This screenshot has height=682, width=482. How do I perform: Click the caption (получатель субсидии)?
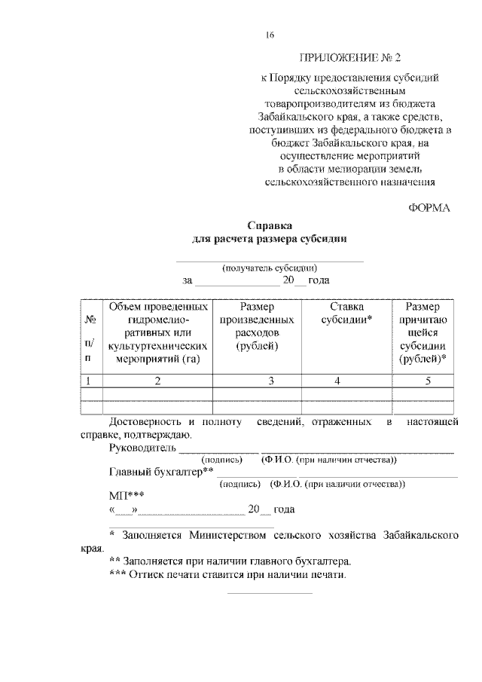(269, 268)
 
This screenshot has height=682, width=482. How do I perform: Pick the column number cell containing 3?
(270, 381)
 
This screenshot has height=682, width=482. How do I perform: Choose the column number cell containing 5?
(426, 381)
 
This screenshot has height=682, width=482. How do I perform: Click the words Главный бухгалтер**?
(161, 472)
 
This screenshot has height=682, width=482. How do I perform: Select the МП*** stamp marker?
(127, 496)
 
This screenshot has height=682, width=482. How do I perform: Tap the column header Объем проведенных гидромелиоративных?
(157, 332)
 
